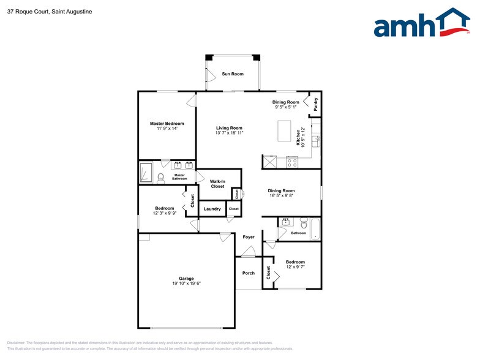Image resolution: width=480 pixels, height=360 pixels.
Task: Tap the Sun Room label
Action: [x=233, y=74]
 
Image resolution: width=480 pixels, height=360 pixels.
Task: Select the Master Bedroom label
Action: [x=167, y=123]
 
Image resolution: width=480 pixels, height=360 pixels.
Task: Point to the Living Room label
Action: [x=229, y=128]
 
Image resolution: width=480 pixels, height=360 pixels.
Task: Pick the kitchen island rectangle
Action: [x=283, y=130]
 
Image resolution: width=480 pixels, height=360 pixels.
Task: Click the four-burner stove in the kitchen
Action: [x=292, y=162]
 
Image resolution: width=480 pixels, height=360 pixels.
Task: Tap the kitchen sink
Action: [x=317, y=140]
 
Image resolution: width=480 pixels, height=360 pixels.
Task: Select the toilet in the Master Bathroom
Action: [x=161, y=178]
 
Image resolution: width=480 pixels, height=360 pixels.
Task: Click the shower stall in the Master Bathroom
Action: [x=146, y=173]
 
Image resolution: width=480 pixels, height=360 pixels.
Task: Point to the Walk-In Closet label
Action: [x=217, y=184]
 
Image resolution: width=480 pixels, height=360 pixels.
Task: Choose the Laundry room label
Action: [x=212, y=209]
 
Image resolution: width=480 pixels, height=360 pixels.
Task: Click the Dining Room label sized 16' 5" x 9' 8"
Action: [x=281, y=191]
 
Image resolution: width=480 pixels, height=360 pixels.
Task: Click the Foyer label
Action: [x=249, y=237]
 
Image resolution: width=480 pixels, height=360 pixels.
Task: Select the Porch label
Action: [x=249, y=273]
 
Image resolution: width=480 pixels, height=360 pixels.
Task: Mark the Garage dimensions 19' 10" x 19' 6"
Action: [x=186, y=283]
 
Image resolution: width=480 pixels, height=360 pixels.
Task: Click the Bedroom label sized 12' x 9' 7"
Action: [x=295, y=262]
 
